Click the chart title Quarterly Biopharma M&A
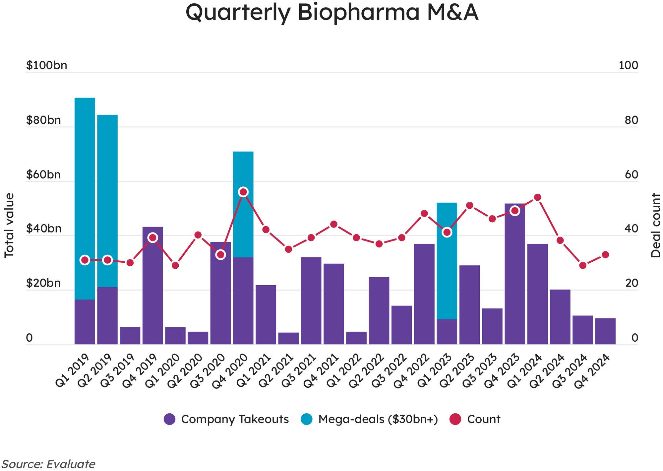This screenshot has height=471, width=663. click(331, 13)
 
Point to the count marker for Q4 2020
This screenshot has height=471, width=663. click(243, 192)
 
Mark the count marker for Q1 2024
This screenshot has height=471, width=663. click(538, 198)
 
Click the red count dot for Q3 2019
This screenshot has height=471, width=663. click(130, 263)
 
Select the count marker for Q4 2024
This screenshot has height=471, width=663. click(605, 255)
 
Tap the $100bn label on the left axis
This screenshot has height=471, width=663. click(47, 65)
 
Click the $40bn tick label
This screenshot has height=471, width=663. click(44, 229)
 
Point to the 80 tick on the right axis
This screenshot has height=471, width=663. click(631, 120)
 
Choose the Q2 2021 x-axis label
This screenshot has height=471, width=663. click(276, 371)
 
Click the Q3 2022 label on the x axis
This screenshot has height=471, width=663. click(390, 371)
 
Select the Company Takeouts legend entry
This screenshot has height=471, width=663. click(227, 419)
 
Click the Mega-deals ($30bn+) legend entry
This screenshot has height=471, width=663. click(369, 419)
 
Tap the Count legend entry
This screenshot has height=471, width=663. click(475, 419)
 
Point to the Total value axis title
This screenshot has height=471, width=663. click(9, 225)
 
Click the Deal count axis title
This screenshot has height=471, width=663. click(655, 225)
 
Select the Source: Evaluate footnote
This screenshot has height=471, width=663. click(48, 464)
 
